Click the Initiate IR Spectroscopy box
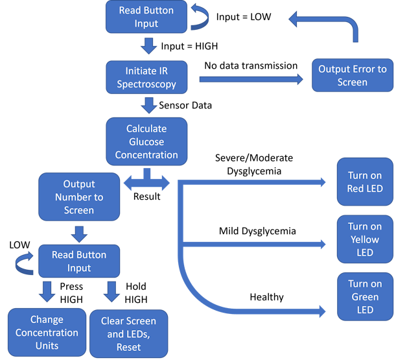coord(145,77)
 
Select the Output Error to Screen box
coord(352,76)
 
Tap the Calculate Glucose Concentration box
coord(146,142)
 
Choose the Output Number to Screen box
coord(78,197)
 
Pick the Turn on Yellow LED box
coord(365,239)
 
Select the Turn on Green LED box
coord(365,296)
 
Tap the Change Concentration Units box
coord(47,333)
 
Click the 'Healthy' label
coord(267,297)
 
